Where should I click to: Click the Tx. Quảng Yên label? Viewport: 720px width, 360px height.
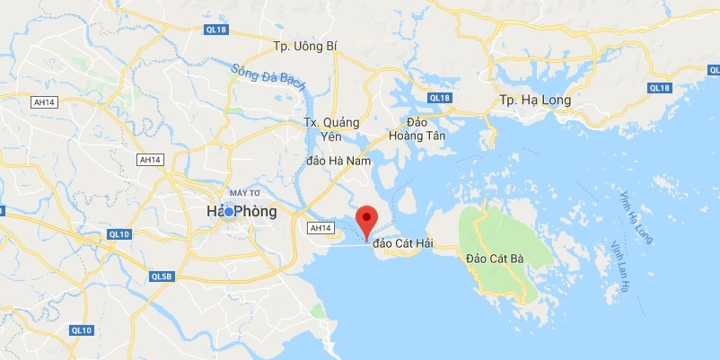point(330,129)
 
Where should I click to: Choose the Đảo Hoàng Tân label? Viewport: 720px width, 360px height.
point(418,128)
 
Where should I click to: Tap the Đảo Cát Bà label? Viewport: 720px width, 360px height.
point(495,259)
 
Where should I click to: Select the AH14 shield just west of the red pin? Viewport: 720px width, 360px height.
point(320,229)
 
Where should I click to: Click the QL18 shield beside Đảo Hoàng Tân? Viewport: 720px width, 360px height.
point(439,98)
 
